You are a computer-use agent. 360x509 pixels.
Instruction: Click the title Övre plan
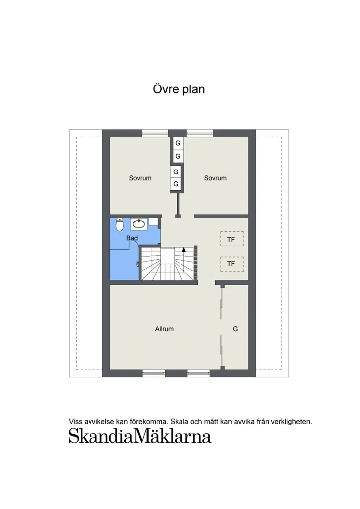pyautogui.click(x=179, y=89)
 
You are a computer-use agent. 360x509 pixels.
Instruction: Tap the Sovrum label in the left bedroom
pyautogui.click(x=140, y=178)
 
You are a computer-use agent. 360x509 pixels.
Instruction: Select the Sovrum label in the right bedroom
pyautogui.click(x=215, y=178)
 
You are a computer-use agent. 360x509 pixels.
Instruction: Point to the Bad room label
pyautogui.click(x=132, y=238)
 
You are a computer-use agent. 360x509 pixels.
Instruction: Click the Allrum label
pyautogui.click(x=164, y=329)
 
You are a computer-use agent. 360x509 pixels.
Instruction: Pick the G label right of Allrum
pyautogui.click(x=235, y=329)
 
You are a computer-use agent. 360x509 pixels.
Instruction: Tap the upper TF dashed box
pyautogui.click(x=231, y=239)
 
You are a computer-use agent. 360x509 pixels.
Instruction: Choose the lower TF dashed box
pyautogui.click(x=231, y=264)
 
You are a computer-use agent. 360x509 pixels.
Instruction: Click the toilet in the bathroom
pyautogui.click(x=119, y=225)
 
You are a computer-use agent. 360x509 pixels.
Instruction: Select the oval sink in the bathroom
pyautogui.click(x=140, y=224)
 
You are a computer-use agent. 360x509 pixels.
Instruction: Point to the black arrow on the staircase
pyautogui.click(x=184, y=249)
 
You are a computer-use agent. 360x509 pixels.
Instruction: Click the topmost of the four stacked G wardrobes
pyautogui.click(x=178, y=144)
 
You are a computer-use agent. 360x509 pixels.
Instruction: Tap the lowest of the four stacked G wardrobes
pyautogui.click(x=176, y=184)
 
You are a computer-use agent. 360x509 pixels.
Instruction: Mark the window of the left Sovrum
pyautogui.click(x=155, y=133)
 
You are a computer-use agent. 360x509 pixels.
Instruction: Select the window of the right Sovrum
pyautogui.click(x=200, y=133)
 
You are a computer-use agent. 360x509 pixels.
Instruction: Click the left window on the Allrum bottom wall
pyautogui.click(x=154, y=373)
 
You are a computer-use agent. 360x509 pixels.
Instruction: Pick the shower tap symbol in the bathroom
pyautogui.click(x=137, y=264)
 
